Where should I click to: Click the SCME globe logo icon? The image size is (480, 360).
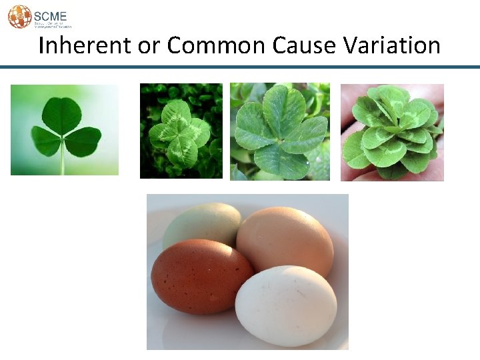point(19,16)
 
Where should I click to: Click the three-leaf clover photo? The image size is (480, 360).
point(65,129)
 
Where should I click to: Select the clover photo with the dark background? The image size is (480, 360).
point(181,131)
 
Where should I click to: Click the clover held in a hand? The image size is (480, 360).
point(392,132)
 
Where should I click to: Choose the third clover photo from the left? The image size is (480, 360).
point(280,131)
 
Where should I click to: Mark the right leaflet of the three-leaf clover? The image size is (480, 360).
point(83,141)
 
